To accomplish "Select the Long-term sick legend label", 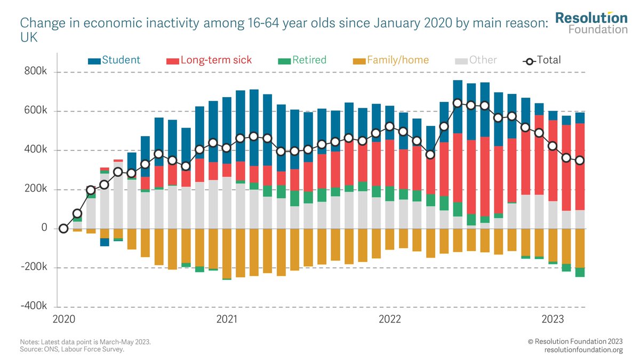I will [x=216, y=60].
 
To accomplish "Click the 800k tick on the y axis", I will [x=36, y=72].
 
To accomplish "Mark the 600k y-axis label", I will [x=36, y=111].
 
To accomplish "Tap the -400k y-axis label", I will [x=34, y=306].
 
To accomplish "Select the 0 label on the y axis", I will [x=45, y=228].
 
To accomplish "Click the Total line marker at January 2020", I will [x=64, y=228].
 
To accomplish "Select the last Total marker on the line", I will [x=580, y=161].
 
